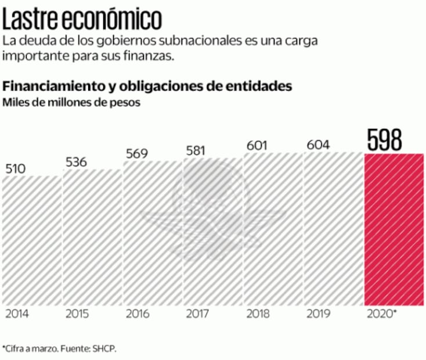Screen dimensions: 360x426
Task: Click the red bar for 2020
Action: [393, 229]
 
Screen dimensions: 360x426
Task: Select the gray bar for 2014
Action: [31, 240]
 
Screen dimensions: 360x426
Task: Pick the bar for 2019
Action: [333, 229]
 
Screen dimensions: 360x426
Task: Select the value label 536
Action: [76, 161]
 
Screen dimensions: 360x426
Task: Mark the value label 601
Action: [257, 145]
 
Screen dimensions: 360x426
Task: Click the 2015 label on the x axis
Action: [77, 314]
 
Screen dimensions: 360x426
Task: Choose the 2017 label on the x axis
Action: [197, 314]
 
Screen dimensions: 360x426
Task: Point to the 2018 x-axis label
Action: [258, 314]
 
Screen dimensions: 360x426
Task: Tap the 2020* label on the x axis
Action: [382, 314]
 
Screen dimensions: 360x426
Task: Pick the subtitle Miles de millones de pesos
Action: [72, 103]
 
